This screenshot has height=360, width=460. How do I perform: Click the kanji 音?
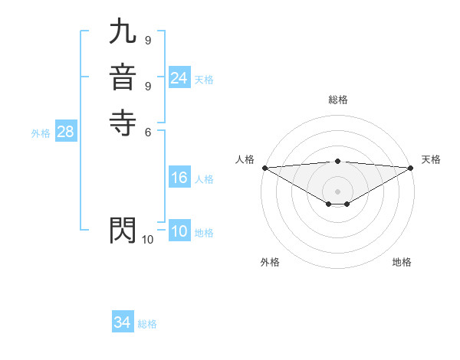point(123,77)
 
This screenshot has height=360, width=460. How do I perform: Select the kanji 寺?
point(123,123)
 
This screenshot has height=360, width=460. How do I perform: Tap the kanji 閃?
point(123,231)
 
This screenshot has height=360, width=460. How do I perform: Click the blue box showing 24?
point(179,78)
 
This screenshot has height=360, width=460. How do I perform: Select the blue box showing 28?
point(65,132)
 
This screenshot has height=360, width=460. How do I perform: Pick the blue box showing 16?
point(179,178)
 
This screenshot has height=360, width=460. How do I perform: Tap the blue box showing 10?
point(179,231)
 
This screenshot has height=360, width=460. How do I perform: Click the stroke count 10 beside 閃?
point(148,240)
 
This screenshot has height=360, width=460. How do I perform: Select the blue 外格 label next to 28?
point(41,133)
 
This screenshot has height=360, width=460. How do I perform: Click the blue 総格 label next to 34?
point(147,324)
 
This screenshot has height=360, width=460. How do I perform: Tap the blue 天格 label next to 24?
point(204,80)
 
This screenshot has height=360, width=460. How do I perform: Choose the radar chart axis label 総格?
point(338,100)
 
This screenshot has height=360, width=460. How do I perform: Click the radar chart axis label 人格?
point(245,159)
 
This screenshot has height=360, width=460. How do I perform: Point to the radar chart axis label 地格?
point(402,262)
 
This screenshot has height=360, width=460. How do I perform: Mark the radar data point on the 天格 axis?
point(411,168)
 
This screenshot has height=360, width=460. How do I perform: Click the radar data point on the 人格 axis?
point(264,168)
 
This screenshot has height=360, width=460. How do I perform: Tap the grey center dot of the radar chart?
point(338,191)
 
